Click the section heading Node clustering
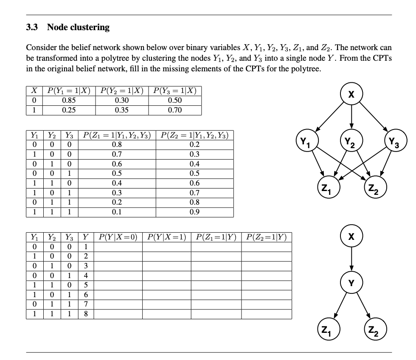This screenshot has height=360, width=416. [78, 28]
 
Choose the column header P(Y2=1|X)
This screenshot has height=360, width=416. [121, 90]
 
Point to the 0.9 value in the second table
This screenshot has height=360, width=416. [195, 211]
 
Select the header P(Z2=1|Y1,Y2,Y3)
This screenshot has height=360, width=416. [195, 136]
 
